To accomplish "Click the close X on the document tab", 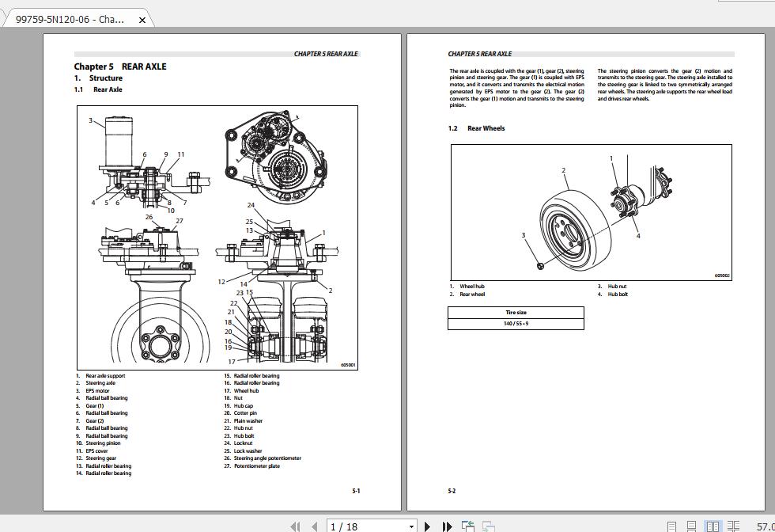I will (x=142, y=20).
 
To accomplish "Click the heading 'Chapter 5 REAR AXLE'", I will (x=120, y=66).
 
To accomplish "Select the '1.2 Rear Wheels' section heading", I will (x=477, y=128).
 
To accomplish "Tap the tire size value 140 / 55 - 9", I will (x=516, y=323).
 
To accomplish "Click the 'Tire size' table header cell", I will (x=516, y=312).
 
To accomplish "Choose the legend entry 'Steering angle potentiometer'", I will (x=267, y=458).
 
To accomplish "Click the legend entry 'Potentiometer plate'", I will (x=256, y=466).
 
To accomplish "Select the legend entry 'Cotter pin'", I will (x=245, y=413).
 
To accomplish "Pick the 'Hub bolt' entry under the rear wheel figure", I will (x=618, y=294).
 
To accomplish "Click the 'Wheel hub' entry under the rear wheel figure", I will (x=472, y=287).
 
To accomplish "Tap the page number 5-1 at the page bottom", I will (x=356, y=491).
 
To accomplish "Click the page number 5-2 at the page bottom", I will (x=452, y=491).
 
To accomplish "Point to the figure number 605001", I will (x=348, y=366).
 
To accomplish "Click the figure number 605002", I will (x=722, y=276).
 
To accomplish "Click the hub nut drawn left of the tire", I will (x=539, y=265).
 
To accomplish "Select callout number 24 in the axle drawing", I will (x=251, y=206).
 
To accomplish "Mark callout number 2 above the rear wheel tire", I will (x=564, y=170).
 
